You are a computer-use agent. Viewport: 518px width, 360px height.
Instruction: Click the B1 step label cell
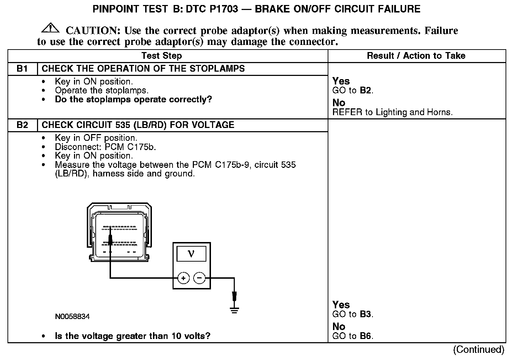[22, 68]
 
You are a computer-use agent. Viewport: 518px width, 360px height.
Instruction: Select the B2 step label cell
[22, 125]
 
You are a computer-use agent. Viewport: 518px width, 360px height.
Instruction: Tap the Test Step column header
[162, 56]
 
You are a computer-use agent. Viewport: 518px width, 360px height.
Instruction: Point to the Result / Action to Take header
[416, 56]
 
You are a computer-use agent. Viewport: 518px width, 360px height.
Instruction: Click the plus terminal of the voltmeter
[183, 278]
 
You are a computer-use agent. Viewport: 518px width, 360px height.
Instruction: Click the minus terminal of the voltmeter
[200, 278]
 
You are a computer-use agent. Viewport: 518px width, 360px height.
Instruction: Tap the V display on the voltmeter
[191, 253]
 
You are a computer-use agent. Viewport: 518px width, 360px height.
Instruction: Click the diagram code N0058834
[72, 317]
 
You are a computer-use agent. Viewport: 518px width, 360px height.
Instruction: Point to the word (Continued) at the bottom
[479, 350]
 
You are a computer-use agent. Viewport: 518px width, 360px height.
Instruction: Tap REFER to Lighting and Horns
[392, 112]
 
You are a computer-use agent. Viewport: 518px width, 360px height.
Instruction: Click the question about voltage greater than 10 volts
[132, 336]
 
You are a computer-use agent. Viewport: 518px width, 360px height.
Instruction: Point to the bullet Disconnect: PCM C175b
[105, 147]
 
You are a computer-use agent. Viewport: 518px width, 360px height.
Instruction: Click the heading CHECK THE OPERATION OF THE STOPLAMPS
[143, 68]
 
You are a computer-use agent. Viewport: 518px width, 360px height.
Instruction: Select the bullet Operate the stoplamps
[101, 91]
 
